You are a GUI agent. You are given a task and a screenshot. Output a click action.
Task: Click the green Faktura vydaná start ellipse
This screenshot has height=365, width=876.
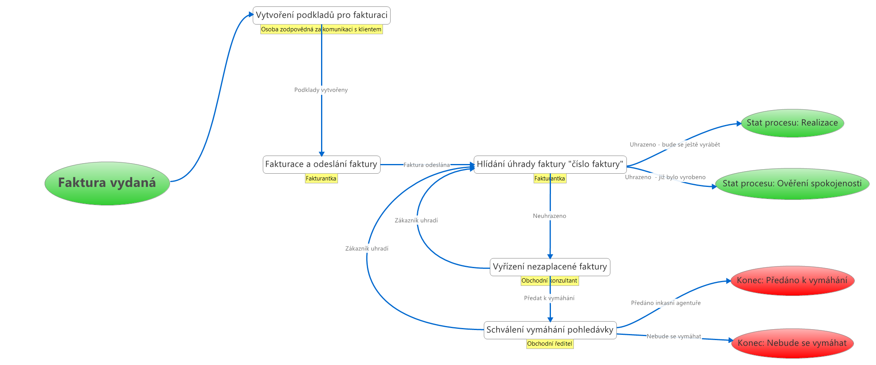pyautogui.click(x=107, y=183)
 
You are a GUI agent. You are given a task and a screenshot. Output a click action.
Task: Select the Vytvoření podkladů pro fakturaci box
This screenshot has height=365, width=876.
pyautogui.click(x=321, y=15)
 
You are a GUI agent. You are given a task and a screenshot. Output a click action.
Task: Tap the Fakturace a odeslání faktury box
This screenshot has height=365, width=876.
pyautogui.click(x=321, y=164)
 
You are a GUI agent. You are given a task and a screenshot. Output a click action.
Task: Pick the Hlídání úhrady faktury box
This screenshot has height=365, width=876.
pyautogui.click(x=550, y=164)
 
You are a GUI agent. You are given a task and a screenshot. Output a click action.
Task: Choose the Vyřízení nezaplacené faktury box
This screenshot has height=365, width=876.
pyautogui.click(x=550, y=267)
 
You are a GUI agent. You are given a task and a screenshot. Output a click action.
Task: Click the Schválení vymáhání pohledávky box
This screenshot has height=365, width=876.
pyautogui.click(x=550, y=330)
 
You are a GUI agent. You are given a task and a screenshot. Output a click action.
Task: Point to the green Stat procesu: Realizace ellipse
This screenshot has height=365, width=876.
pyautogui.click(x=792, y=123)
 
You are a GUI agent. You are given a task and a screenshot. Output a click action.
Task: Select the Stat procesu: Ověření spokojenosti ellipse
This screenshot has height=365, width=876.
pyautogui.click(x=792, y=184)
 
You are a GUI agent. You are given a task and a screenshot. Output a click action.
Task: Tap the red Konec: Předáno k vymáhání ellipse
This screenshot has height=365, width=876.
pyautogui.click(x=792, y=281)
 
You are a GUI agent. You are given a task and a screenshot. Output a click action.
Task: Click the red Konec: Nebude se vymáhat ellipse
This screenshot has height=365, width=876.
pyautogui.click(x=792, y=343)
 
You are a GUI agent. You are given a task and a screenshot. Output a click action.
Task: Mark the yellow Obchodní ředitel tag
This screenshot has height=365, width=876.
pyautogui.click(x=550, y=344)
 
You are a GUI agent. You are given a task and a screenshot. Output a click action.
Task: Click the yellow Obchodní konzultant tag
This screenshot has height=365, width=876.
pyautogui.click(x=549, y=281)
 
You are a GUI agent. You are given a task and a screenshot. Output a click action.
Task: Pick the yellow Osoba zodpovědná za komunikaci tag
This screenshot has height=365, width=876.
pyautogui.click(x=321, y=29)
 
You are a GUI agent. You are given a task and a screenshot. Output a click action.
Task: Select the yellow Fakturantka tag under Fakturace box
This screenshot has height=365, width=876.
pyautogui.click(x=321, y=178)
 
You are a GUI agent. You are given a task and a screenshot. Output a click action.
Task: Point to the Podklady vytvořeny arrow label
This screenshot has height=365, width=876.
pyautogui.click(x=321, y=90)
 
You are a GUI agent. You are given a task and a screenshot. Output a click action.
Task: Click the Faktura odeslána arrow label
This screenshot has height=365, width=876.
pyautogui.click(x=427, y=165)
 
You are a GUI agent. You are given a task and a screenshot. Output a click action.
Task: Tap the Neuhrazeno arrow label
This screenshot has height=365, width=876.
pyautogui.click(x=549, y=216)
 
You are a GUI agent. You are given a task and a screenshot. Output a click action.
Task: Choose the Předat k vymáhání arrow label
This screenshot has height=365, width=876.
pyautogui.click(x=549, y=298)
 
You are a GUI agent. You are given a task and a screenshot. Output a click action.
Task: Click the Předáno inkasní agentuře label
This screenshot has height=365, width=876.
pyautogui.click(x=665, y=303)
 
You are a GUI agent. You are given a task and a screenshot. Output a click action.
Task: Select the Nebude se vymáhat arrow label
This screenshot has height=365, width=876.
pyautogui.click(x=673, y=336)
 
